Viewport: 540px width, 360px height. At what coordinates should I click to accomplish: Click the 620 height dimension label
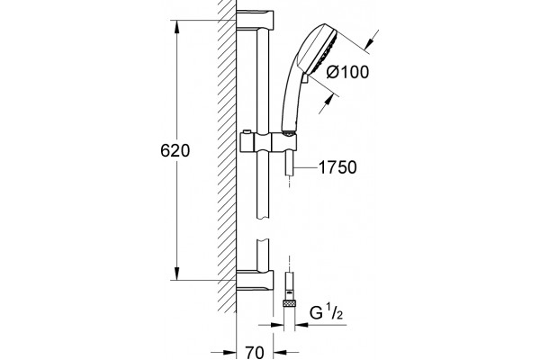[x=175, y=151]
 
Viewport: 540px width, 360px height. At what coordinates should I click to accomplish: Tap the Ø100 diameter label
[x=347, y=72]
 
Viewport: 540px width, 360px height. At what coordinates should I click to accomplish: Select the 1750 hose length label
[x=337, y=167]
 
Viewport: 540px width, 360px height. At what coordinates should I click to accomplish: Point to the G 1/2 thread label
[x=326, y=313]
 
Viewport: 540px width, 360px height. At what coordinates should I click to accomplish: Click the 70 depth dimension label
[x=255, y=352]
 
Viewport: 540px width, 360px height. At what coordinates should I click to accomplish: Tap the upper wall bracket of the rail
[x=255, y=20]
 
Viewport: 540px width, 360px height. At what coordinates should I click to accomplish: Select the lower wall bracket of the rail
[x=255, y=280]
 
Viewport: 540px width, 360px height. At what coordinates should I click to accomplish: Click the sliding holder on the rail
[x=267, y=142]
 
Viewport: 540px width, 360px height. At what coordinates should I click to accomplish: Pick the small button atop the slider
[x=247, y=132]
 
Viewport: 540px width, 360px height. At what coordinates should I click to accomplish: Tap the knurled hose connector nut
[x=290, y=304]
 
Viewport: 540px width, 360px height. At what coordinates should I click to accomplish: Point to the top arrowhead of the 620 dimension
[x=176, y=27]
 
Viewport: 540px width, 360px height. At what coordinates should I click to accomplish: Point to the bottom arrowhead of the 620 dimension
[x=176, y=274]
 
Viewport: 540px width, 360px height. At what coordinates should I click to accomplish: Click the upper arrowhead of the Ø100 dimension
[x=370, y=43]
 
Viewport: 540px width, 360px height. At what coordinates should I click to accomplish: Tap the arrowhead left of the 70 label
[x=230, y=353]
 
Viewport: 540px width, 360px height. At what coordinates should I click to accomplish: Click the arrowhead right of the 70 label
[x=280, y=353]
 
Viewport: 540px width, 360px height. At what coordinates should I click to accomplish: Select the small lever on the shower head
[x=304, y=78]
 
